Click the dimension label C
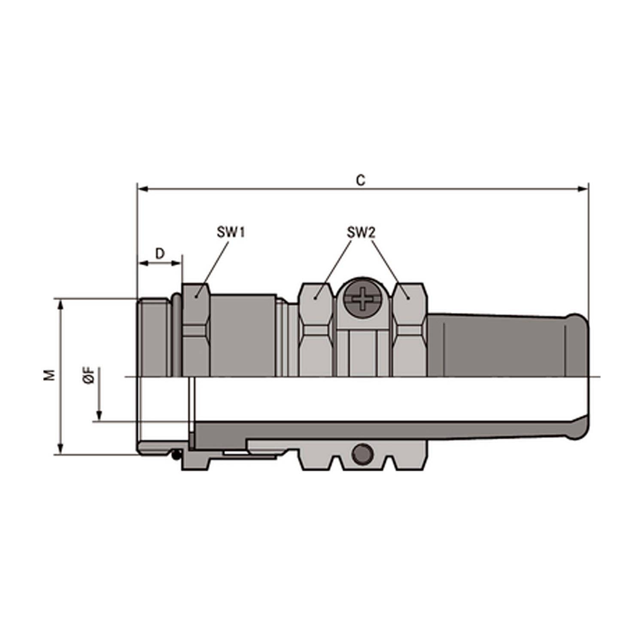point(361,180)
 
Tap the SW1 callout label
point(231,233)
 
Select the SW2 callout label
point(361,233)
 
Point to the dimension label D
point(160,254)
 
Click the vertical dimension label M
point(51,375)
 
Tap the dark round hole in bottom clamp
point(361,453)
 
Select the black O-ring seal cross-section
point(176,454)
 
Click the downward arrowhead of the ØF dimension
point(99,416)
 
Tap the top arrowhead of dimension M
point(61,304)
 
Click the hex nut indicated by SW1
point(196,331)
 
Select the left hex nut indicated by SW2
point(316,331)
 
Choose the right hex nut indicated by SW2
point(410,331)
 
